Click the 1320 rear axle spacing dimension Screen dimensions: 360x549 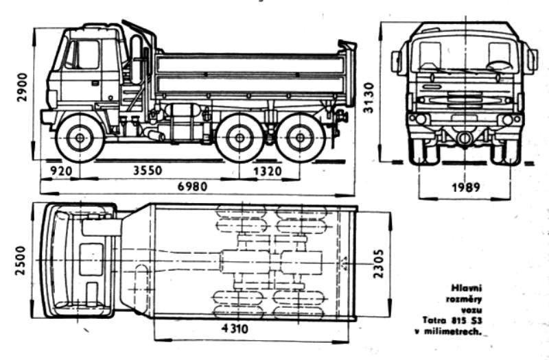(x=269, y=170)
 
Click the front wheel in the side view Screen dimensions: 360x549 (x=80, y=139)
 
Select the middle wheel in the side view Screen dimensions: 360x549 (x=239, y=139)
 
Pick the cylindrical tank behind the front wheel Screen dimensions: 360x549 (x=183, y=123)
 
